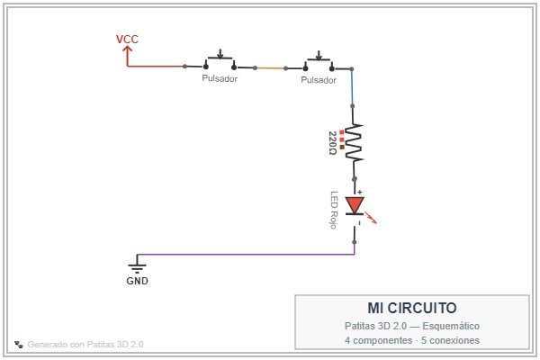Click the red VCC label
point(127,40)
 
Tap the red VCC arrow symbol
point(128,56)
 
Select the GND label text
point(137,281)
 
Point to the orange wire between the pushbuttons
point(270,68)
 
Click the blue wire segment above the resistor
point(352,87)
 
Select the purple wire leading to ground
point(246,255)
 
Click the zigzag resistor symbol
point(354,142)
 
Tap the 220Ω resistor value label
point(332,143)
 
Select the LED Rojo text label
point(333,210)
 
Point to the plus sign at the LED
point(359,193)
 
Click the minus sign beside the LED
point(359,223)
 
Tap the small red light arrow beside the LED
point(371,218)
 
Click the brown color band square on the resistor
point(342,147)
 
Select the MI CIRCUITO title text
point(412,308)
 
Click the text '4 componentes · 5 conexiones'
point(412,340)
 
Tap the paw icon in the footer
point(19,344)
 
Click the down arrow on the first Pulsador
point(220,54)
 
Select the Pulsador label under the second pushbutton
point(319,80)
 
